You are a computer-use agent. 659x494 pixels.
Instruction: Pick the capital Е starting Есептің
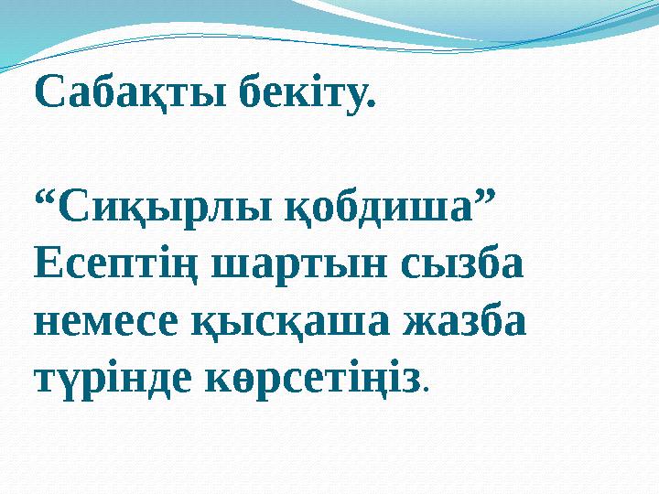(46, 266)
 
